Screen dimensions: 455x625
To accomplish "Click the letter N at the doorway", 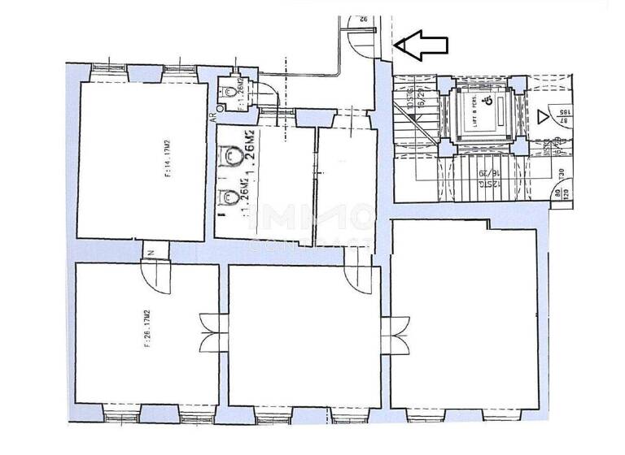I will [x=152, y=253].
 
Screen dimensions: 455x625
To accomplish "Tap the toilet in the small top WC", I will [x=234, y=93].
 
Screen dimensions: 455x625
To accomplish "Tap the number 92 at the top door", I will [x=364, y=19].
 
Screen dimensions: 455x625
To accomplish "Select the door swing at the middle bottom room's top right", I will [x=358, y=275].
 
